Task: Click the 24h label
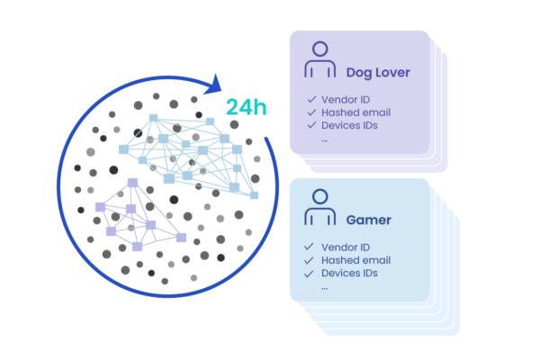tap(246, 108)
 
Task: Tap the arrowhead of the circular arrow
tap(214, 86)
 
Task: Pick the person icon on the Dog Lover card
tap(319, 61)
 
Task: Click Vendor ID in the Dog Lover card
tap(346, 100)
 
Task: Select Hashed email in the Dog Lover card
tap(354, 112)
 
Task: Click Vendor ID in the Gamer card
tap(346, 247)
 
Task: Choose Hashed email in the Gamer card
tap(354, 260)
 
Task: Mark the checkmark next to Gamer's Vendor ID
tap(310, 247)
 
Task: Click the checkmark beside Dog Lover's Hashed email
tap(310, 112)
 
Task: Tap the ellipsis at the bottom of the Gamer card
tap(325, 287)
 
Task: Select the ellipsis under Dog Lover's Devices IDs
tap(325, 139)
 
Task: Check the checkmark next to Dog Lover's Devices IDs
tap(310, 125)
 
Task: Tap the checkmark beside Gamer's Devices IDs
tap(310, 273)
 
